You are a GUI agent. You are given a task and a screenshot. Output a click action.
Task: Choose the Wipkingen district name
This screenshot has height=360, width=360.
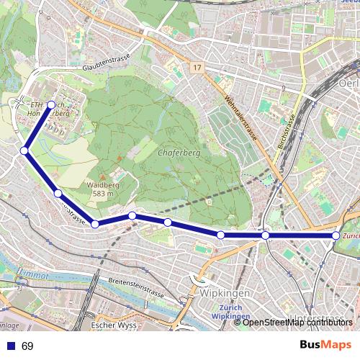tap(225, 294)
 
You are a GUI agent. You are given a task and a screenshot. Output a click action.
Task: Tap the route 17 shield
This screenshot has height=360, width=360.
tap(197, 68)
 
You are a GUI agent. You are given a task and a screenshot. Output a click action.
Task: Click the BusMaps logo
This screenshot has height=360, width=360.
tap(326, 346)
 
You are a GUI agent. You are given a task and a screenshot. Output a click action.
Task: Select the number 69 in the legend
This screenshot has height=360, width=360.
tap(27, 346)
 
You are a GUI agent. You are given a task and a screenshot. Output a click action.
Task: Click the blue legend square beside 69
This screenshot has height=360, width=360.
tap(9, 346)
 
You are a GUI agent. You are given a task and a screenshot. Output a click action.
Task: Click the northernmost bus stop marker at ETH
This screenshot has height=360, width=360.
tap(51, 104)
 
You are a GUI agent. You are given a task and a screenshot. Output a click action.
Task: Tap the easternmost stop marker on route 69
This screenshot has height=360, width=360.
tap(336, 235)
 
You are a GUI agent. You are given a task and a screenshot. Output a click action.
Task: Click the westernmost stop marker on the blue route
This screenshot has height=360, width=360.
tap(24, 150)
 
